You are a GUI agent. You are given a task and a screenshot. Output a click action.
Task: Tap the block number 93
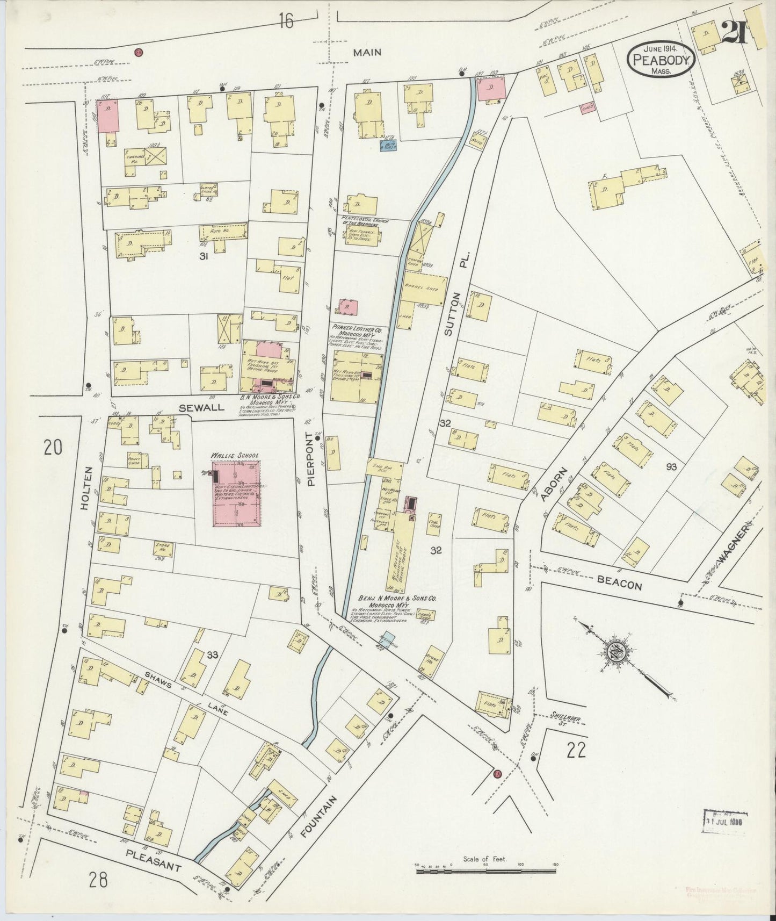point(671,467)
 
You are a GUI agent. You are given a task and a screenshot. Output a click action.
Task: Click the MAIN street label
point(367,52)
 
